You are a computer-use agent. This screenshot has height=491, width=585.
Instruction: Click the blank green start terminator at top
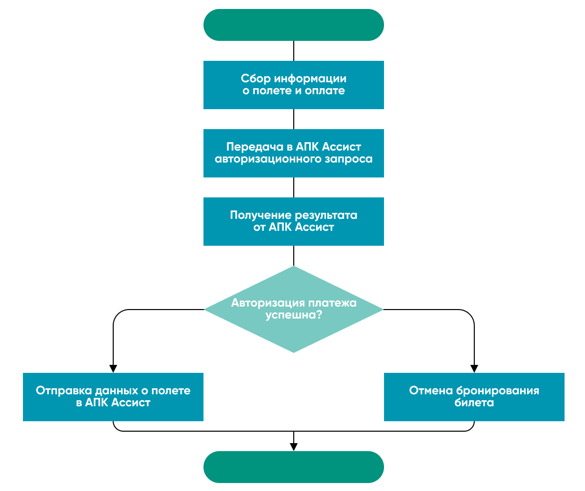pos(293,25)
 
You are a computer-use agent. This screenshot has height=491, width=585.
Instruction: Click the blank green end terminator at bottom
pos(293,467)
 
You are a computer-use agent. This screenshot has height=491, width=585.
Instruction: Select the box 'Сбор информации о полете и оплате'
pos(293,85)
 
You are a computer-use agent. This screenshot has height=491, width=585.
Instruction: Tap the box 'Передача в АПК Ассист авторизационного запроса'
pos(293,153)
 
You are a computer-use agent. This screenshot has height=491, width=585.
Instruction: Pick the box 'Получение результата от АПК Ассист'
pos(293,221)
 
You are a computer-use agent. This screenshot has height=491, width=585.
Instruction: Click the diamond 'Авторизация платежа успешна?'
pos(293,309)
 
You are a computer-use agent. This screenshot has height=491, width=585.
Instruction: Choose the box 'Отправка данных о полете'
pos(113,397)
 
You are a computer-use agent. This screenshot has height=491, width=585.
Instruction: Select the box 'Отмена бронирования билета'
pos(474,397)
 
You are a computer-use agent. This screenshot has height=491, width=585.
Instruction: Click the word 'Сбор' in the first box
pos(251,79)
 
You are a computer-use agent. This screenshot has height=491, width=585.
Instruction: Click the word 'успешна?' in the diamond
pos(293,316)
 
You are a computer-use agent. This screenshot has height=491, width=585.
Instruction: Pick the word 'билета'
pos(474,403)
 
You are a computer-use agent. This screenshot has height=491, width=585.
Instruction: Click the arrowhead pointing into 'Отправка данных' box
pos(113,368)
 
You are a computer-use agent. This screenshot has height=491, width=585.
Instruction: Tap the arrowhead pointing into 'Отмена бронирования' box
pos(474,368)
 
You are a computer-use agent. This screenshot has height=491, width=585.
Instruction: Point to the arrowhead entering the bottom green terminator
pos(293,447)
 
